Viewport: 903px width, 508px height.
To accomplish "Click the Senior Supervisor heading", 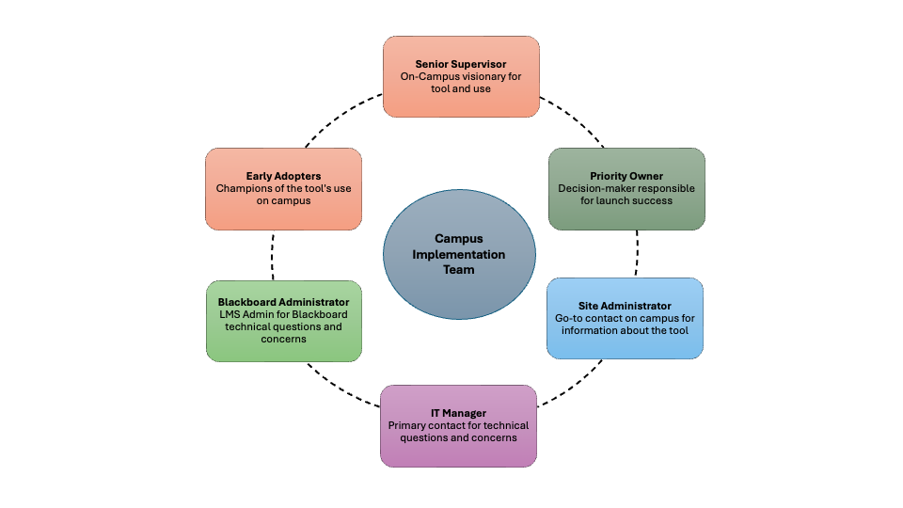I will point(461,64).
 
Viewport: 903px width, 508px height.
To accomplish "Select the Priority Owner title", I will point(626,176).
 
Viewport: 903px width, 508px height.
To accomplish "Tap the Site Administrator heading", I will point(625,306).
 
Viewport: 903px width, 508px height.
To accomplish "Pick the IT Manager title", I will point(458,413).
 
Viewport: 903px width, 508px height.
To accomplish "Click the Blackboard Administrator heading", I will point(284,302).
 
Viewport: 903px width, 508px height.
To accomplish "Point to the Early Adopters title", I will point(283,176).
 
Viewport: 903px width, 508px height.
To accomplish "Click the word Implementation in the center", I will point(459,255).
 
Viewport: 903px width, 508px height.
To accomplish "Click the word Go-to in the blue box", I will point(568,318).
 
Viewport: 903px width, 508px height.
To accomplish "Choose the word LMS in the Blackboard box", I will point(230,314).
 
